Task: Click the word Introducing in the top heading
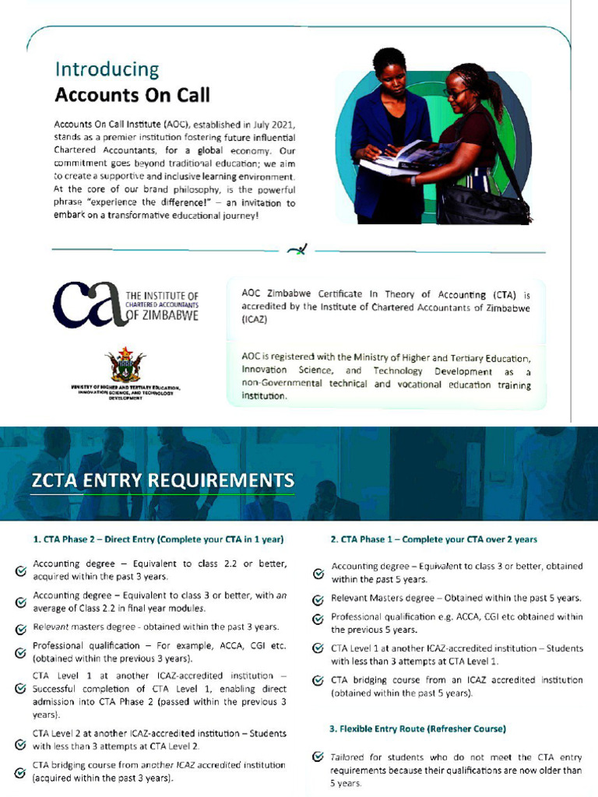point(107,69)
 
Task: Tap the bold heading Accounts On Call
point(132,96)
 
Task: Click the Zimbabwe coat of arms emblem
point(125,363)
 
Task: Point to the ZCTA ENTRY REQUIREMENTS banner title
point(163,479)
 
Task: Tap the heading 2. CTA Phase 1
point(434,539)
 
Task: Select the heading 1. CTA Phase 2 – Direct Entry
point(157,539)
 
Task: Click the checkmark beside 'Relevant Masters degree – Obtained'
point(318,600)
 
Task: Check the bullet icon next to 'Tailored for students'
point(318,757)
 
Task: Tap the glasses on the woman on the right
point(455,91)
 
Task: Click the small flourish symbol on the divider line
point(297,249)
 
